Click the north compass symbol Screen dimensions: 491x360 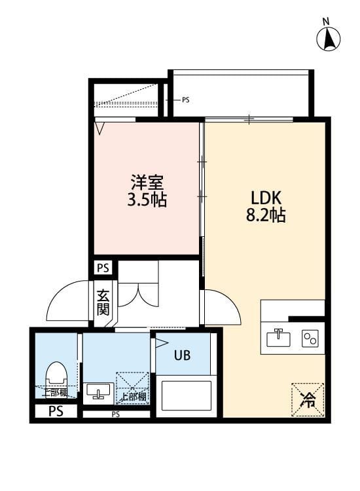tap(329, 40)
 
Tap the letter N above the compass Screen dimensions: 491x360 tap(326, 21)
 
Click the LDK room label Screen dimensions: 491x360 tap(266, 197)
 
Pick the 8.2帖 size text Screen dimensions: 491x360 tap(266, 215)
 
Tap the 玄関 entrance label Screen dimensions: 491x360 tap(103, 302)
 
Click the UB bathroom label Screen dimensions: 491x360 tap(182, 355)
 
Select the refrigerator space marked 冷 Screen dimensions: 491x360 tap(307, 399)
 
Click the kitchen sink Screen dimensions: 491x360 tap(278, 338)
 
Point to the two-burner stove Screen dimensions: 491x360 tap(310, 338)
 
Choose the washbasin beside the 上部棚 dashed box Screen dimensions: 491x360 tap(98, 391)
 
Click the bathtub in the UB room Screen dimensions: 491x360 tap(188, 393)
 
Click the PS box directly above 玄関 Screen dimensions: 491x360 tap(103, 268)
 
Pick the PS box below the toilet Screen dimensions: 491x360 tap(55, 412)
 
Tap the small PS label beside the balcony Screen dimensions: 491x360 tap(185, 100)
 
